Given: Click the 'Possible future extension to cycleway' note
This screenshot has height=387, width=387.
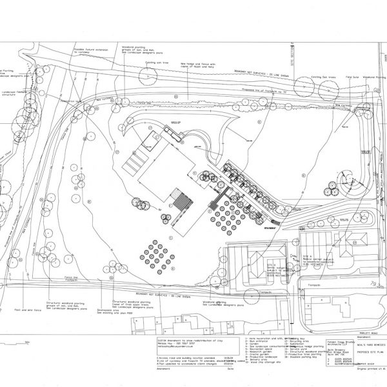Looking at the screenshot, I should pos(104,52).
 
